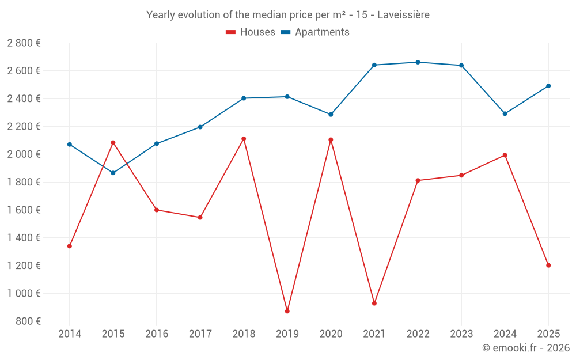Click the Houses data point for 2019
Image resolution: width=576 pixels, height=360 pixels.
point(287,311)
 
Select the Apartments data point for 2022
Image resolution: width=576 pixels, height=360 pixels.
point(418,62)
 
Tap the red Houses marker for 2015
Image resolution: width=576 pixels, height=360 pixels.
point(113,142)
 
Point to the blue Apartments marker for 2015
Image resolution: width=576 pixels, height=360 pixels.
point(113,173)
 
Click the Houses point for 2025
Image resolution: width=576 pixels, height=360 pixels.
point(548,266)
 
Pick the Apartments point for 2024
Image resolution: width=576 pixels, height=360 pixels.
point(505,113)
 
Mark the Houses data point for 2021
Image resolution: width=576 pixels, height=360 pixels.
point(374,303)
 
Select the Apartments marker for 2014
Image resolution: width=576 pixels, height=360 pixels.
point(70,145)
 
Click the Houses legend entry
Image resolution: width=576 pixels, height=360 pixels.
point(251,32)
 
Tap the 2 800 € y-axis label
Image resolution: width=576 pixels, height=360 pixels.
point(24,43)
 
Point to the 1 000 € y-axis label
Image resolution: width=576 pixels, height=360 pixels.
point(24,293)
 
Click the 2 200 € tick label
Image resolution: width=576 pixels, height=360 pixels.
point(24,127)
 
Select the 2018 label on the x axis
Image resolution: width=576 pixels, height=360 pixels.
point(244,334)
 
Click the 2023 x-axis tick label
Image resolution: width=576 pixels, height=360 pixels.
point(461,334)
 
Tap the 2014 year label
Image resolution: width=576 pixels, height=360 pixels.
point(70,334)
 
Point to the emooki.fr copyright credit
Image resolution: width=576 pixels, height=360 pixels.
point(525,348)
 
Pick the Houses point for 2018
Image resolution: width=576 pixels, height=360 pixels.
point(244,139)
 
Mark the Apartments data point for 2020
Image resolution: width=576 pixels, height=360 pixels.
point(331,115)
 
